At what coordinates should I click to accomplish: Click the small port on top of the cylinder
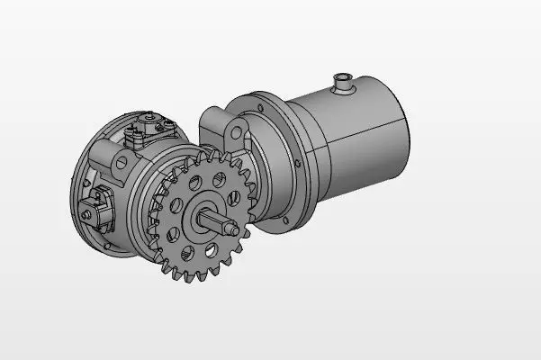tap(342, 82)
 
